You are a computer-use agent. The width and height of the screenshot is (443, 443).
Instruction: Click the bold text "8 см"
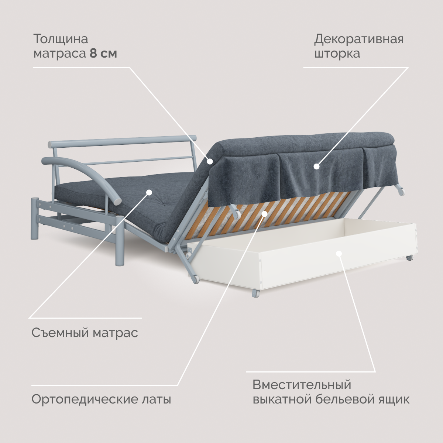click(103, 54)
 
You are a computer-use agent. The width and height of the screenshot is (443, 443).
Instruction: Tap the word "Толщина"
click(61, 39)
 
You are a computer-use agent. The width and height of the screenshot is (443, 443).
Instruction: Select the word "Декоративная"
click(359, 39)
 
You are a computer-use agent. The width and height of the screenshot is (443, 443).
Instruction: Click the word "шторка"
click(337, 54)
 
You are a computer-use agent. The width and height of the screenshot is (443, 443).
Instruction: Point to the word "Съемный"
click(60, 333)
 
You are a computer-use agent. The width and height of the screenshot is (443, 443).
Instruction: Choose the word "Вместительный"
click(302, 385)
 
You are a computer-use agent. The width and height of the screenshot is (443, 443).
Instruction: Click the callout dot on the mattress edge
click(210, 161)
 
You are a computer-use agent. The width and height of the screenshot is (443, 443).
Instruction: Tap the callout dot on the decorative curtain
click(316, 166)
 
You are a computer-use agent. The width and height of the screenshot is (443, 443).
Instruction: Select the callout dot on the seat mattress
click(149, 192)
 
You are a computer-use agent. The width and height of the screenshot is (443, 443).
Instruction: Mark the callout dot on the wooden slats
click(265, 213)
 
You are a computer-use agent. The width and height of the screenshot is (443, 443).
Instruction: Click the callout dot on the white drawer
click(339, 253)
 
